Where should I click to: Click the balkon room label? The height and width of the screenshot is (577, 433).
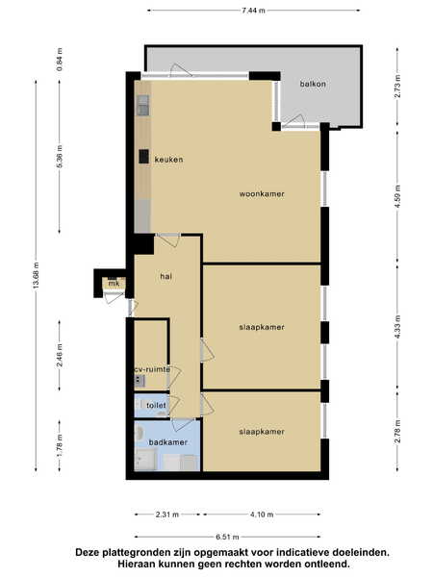click(313, 84)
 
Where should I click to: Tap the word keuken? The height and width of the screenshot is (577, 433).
click(168, 160)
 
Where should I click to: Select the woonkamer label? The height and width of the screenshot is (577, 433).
click(262, 194)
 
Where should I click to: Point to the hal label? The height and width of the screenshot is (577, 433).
click(166, 276)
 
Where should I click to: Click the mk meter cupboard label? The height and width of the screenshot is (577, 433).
click(114, 284)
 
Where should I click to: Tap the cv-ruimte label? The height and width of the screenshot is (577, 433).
click(152, 369)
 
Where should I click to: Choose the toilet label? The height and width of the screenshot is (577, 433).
click(156, 406)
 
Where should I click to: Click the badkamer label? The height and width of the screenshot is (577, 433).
click(167, 442)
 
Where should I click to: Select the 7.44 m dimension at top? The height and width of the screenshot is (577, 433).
click(253, 11)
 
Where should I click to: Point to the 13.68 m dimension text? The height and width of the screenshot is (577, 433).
click(36, 275)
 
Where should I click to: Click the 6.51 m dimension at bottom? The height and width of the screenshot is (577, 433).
click(227, 537)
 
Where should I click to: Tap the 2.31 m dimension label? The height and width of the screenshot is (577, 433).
click(167, 514)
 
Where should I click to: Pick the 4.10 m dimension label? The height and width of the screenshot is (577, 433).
click(262, 514)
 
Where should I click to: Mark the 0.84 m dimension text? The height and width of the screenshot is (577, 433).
click(60, 60)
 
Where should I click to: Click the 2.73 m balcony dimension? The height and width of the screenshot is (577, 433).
click(397, 87)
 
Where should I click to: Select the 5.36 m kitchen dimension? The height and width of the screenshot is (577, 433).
click(60, 157)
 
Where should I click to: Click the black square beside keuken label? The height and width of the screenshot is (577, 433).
click(144, 157)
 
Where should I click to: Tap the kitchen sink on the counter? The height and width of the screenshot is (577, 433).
click(143, 105)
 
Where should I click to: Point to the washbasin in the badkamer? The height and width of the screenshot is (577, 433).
click(140, 433)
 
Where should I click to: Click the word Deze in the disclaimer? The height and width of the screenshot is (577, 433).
click(88, 552)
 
